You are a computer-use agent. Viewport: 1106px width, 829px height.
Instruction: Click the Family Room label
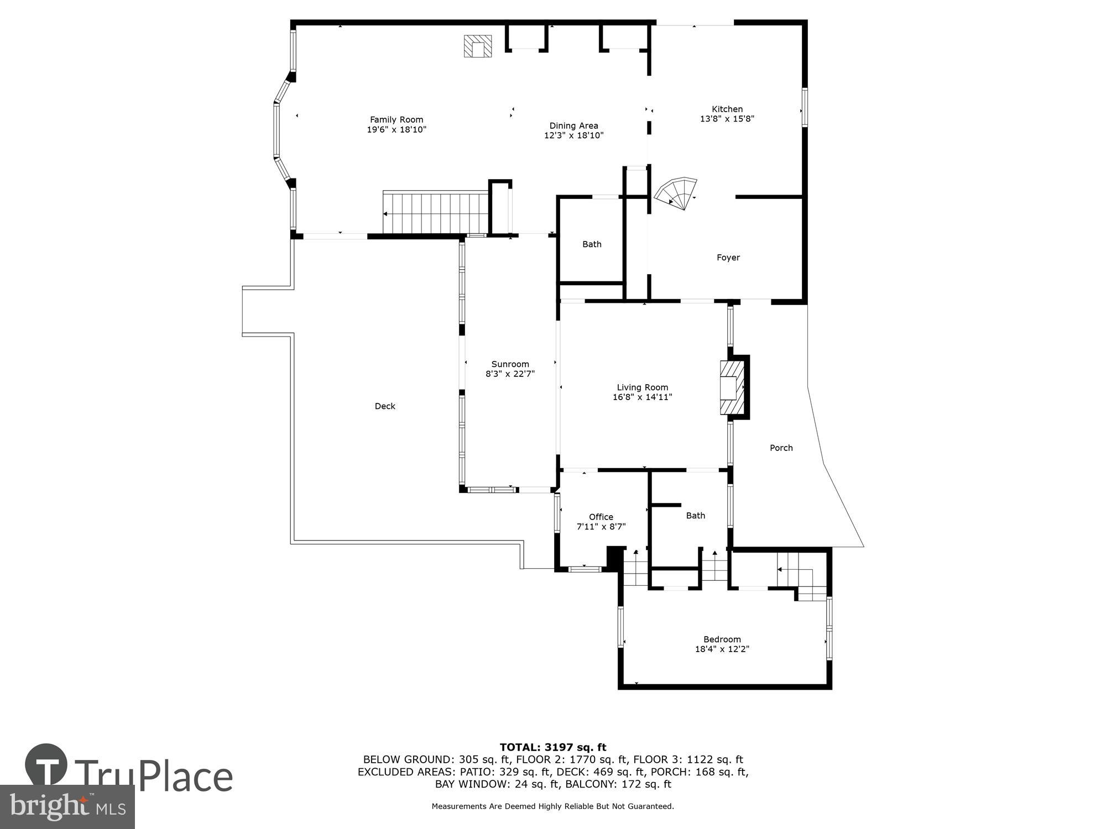397,119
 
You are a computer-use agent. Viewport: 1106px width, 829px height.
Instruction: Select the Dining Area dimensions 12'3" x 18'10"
573,135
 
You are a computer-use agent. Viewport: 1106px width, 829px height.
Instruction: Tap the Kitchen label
727,109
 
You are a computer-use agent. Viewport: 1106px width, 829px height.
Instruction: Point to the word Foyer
728,258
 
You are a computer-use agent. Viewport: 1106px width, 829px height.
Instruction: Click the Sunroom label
510,364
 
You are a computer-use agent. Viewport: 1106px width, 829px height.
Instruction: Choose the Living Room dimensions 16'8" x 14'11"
642,397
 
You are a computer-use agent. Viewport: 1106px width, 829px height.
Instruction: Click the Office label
601,517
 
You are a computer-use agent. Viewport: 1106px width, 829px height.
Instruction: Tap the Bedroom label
722,639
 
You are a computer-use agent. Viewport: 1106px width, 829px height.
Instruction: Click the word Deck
385,406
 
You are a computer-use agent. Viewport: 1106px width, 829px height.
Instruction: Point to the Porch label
781,448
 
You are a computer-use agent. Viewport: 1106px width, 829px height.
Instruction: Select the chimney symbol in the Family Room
478,46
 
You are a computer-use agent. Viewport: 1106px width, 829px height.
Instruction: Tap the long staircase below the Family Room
436,213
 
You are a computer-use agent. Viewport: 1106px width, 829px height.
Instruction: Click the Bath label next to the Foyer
592,244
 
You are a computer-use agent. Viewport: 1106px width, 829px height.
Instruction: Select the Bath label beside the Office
695,516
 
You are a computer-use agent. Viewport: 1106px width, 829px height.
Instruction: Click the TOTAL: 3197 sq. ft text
552,748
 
